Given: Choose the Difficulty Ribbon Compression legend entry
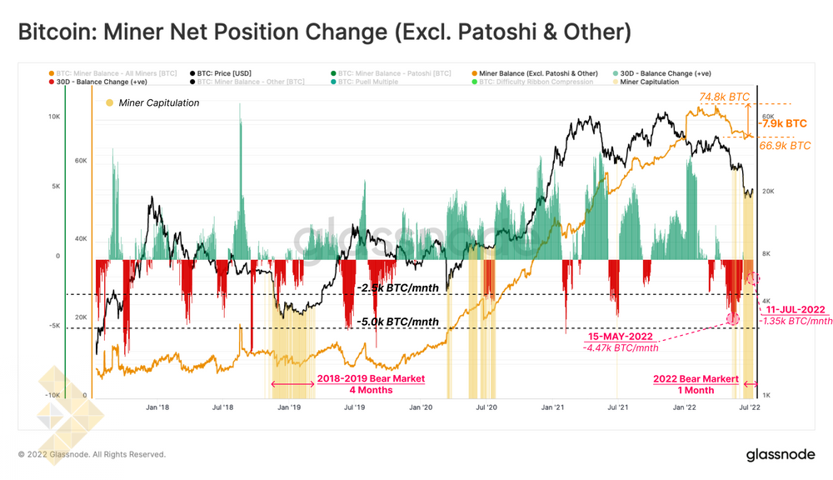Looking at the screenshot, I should point(546,82).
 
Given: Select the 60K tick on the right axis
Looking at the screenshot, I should point(768,117).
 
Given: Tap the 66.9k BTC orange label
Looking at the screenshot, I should point(785,145).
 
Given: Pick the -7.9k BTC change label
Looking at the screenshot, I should point(782,122).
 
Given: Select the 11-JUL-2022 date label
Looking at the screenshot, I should point(796,308).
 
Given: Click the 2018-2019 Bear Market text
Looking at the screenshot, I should point(371,378).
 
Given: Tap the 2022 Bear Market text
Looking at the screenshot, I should point(696,378).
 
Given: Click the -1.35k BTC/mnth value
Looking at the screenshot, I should point(799,320).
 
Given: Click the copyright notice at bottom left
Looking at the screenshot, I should point(92,454).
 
